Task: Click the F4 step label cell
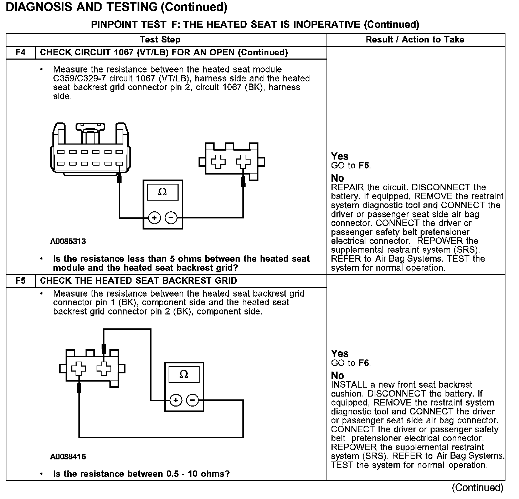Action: click(x=21, y=52)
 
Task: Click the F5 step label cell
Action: click(x=21, y=281)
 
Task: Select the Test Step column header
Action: click(x=160, y=40)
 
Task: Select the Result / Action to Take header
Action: click(x=415, y=40)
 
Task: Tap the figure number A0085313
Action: click(x=68, y=242)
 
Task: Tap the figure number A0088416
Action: click(x=68, y=457)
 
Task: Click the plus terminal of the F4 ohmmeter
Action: click(x=154, y=217)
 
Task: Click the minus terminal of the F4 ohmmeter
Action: click(x=171, y=217)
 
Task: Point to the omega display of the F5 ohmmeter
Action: click(x=184, y=374)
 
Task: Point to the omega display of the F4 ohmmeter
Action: click(x=163, y=192)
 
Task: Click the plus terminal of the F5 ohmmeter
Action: click(x=175, y=400)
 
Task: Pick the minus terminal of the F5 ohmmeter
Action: click(x=192, y=400)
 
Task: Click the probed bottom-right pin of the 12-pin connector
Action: click(x=119, y=164)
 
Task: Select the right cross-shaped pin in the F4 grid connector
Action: click(x=243, y=162)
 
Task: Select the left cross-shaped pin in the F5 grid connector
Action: click(x=78, y=369)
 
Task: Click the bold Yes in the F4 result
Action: click(x=339, y=156)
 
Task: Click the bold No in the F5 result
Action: click(x=337, y=375)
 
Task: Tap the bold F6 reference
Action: click(x=364, y=363)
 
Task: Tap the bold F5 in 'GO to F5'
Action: click(x=364, y=166)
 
